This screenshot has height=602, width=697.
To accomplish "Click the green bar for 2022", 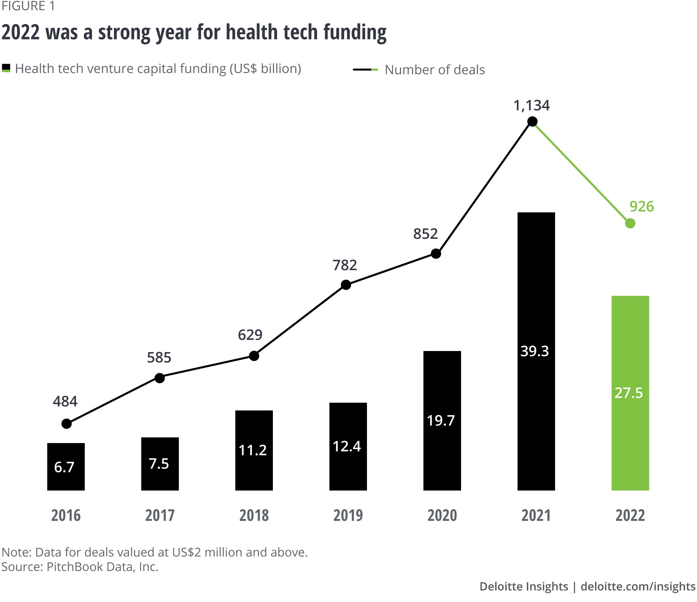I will tap(630, 393).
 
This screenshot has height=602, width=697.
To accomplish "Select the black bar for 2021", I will tap(536, 351).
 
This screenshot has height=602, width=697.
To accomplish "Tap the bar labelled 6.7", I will tap(66, 466).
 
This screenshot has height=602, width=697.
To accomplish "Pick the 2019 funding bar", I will tap(348, 446).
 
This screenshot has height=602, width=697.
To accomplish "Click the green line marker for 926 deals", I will tap(630, 223).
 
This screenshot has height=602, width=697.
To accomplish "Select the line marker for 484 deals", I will tap(67, 424).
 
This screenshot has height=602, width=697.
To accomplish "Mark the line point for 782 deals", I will tap(346, 285).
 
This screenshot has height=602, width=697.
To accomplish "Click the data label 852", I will tap(425, 234).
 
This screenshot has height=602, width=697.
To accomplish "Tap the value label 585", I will tap(159, 358).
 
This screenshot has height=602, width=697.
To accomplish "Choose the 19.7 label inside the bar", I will tap(441, 420).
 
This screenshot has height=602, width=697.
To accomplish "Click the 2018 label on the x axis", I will tap(254, 515).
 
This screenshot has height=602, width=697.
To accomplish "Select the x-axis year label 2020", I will tap(442, 515).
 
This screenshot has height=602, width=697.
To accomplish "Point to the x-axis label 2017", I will tap(160, 515).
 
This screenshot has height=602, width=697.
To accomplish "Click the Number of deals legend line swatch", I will tap(365, 70).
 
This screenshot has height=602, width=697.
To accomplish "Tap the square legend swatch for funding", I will tap(6, 68).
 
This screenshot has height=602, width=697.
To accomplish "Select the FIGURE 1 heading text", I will tap(28, 6).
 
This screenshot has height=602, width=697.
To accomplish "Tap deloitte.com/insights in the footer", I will tap(638, 586).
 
